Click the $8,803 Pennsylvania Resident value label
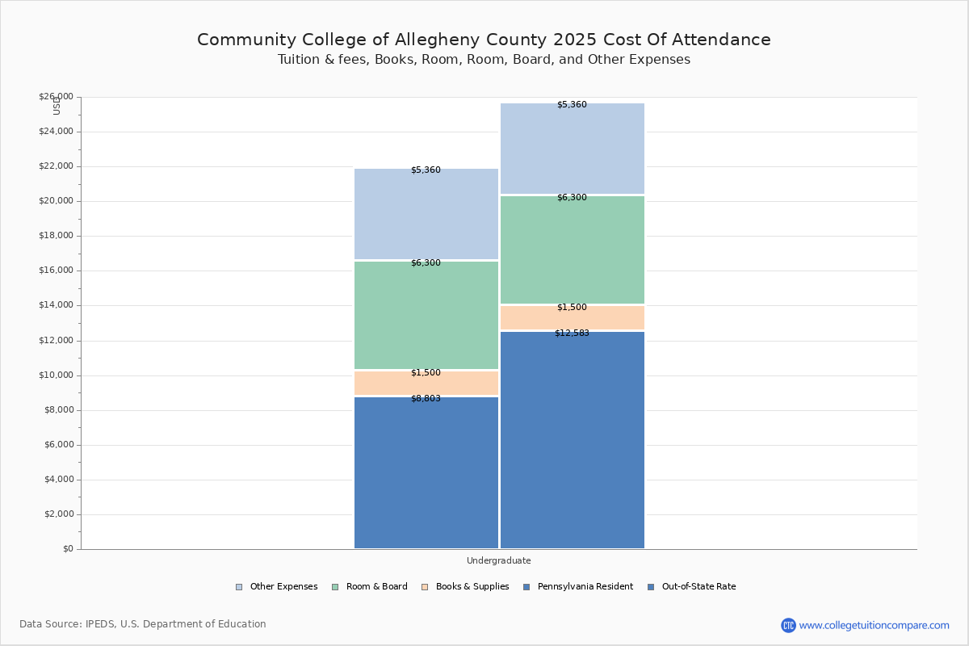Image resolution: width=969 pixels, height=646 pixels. pyautogui.click(x=426, y=399)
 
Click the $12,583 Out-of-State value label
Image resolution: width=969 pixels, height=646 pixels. pyautogui.click(x=572, y=333)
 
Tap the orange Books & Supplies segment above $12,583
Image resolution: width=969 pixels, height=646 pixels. pyautogui.click(x=573, y=318)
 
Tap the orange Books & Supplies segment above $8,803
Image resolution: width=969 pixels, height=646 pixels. pyautogui.click(x=426, y=384)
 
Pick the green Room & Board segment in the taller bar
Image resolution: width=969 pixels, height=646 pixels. pyautogui.click(x=573, y=250)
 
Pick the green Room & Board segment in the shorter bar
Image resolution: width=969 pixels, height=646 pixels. pyautogui.click(x=426, y=316)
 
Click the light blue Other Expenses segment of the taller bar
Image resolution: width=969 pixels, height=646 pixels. pyautogui.click(x=573, y=149)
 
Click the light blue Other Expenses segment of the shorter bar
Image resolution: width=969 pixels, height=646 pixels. pyautogui.click(x=426, y=214)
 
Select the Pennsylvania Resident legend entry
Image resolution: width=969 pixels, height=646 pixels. pyautogui.click(x=578, y=587)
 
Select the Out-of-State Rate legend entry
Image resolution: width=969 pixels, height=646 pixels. pyautogui.click(x=692, y=587)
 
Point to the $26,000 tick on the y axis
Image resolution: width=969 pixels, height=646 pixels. pyautogui.click(x=56, y=97)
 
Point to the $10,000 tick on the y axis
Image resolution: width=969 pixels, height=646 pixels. pyautogui.click(x=56, y=375)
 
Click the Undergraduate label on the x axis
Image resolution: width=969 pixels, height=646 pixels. pyautogui.click(x=498, y=560)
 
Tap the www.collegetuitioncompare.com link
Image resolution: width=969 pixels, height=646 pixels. pyautogui.click(x=874, y=625)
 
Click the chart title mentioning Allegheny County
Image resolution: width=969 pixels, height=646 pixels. pyautogui.click(x=484, y=40)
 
